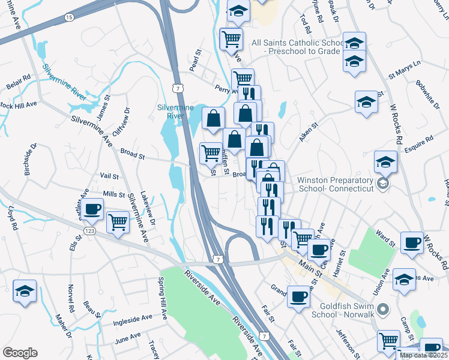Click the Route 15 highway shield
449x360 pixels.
(69, 17)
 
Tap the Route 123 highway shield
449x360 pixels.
(89, 230)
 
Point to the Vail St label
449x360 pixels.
(109, 176)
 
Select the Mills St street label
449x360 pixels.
(113, 194)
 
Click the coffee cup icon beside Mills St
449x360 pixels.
(92, 209)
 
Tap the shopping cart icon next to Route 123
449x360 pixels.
(118, 222)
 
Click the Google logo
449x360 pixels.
(20, 353)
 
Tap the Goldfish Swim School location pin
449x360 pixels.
(385, 309)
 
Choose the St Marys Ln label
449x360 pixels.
(405, 70)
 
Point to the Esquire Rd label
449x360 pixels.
(419, 143)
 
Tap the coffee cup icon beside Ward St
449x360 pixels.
(412, 242)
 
